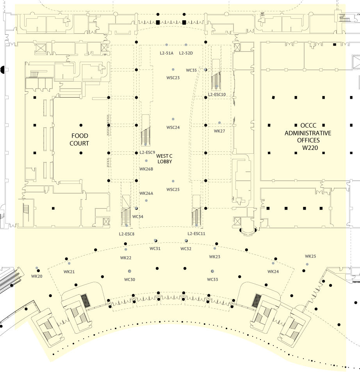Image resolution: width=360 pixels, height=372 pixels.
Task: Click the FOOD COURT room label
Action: point(80,139)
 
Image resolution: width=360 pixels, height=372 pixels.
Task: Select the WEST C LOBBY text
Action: point(164,158)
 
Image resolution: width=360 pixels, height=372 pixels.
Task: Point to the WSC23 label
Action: point(173,78)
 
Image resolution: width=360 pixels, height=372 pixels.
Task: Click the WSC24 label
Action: point(173,128)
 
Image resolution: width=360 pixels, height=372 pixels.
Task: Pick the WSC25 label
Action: point(173,189)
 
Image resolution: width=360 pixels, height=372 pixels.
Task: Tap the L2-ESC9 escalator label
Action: point(147,153)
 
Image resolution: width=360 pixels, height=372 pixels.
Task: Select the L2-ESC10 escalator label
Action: point(217,94)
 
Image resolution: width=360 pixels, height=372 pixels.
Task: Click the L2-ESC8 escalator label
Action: point(127,234)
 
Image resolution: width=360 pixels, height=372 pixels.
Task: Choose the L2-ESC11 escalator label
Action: point(196,233)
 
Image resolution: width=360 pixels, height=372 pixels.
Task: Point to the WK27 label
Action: point(219,131)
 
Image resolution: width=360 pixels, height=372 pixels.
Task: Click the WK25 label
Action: point(310,256)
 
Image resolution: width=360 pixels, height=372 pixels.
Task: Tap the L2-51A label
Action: point(166,53)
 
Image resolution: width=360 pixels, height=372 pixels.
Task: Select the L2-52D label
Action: point(186,53)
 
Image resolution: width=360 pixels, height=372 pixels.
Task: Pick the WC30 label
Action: point(130,279)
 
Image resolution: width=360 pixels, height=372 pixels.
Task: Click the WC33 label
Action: point(212,279)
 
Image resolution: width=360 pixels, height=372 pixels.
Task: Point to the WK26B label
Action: point(146,169)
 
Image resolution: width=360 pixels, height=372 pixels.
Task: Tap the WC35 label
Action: point(191,70)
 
